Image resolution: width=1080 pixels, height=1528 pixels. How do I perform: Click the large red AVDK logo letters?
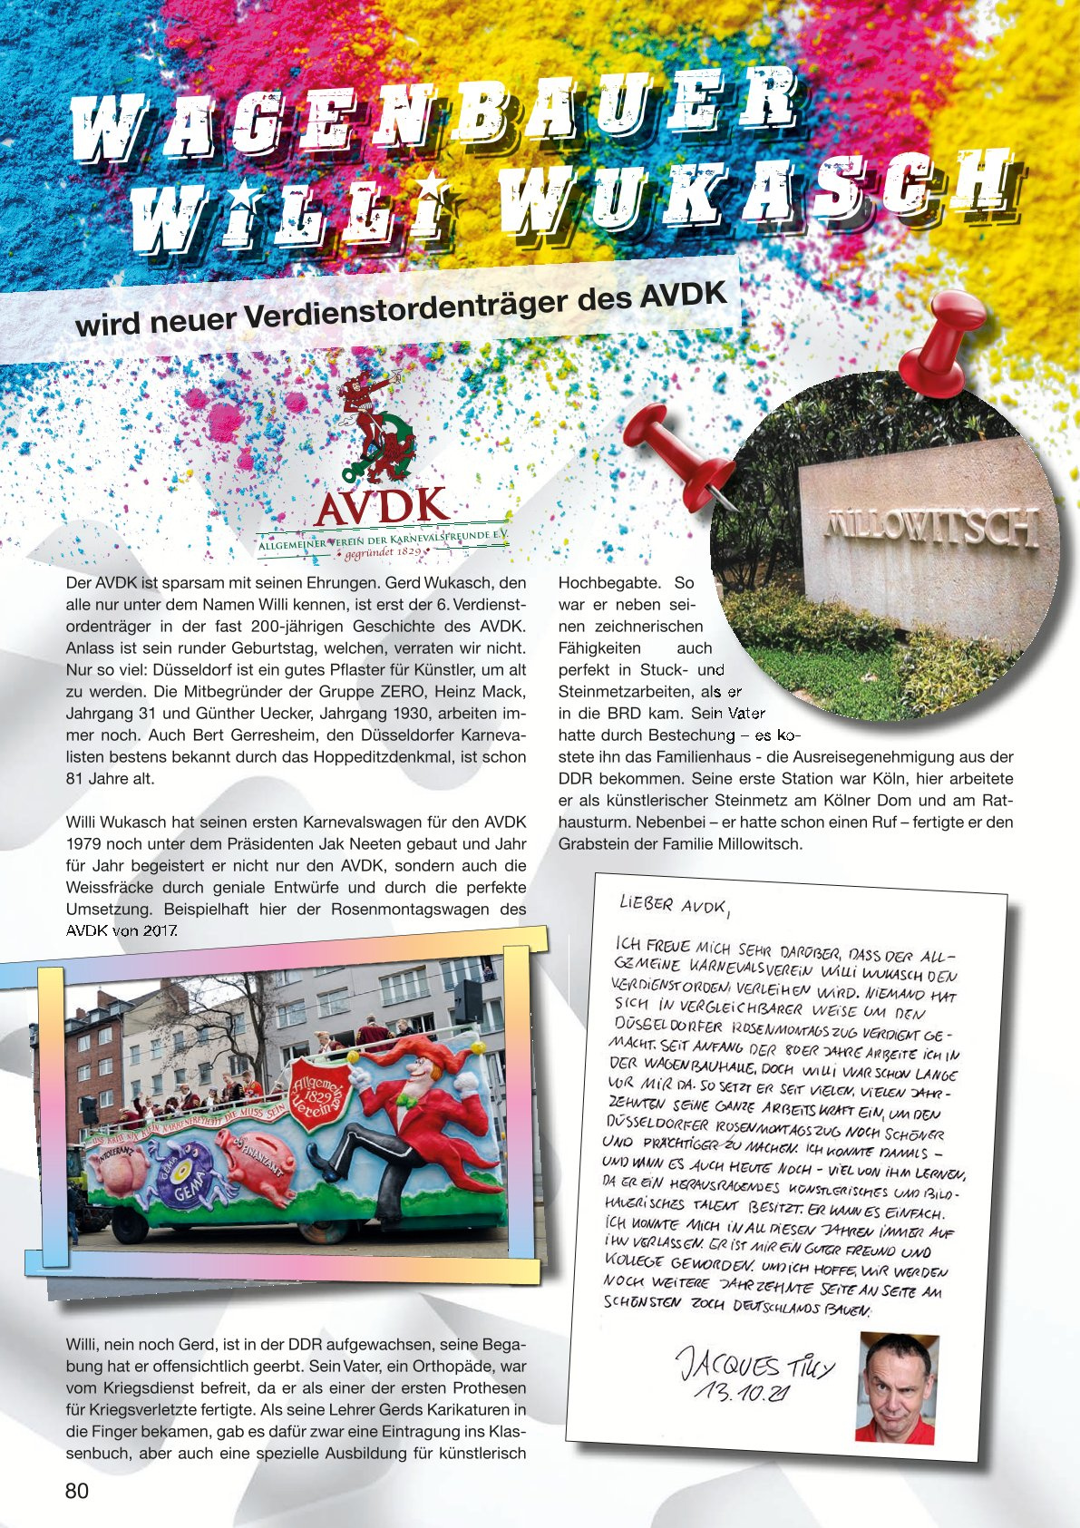coord(382,506)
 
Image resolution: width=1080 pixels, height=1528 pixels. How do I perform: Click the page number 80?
coord(77,1491)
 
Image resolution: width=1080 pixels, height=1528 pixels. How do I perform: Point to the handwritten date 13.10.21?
coord(739,1393)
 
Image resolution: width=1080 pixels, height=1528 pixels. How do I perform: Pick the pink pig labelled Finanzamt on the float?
coord(259,1171)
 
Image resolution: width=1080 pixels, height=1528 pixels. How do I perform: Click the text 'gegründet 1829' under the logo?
coord(382,550)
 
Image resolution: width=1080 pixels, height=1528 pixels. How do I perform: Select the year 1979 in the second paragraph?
coord(86,844)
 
